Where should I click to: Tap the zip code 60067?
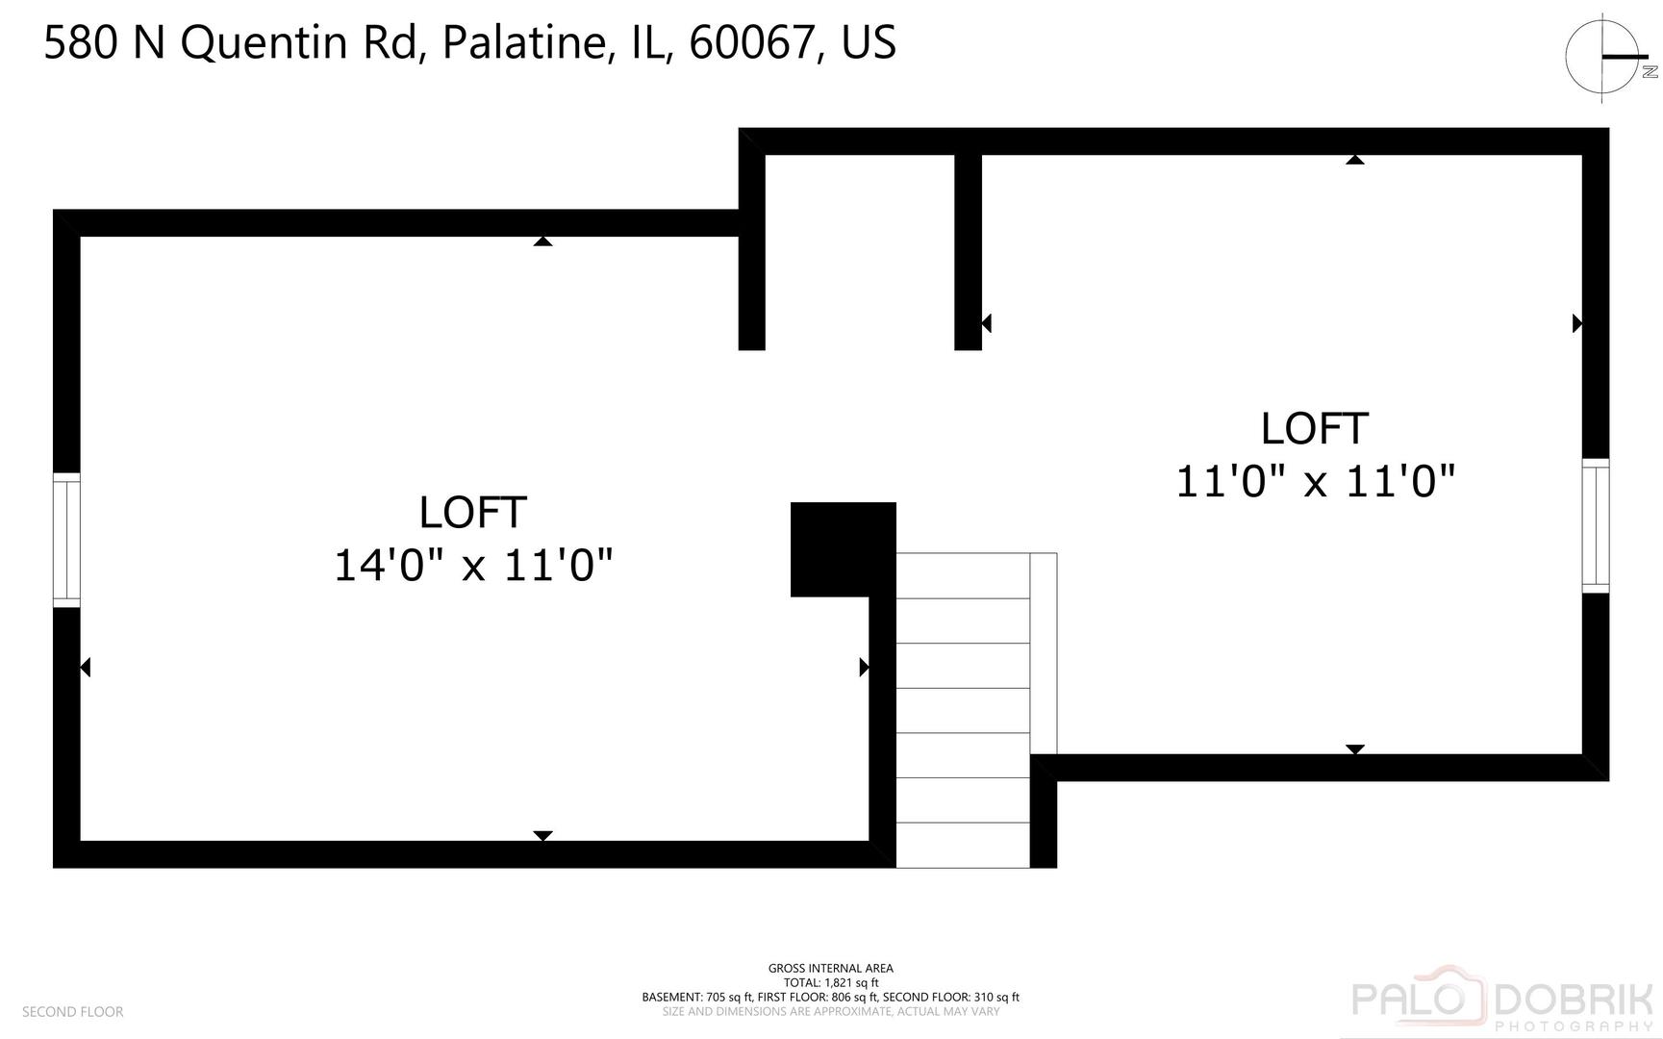(x=751, y=43)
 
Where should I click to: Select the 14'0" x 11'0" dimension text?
(x=473, y=565)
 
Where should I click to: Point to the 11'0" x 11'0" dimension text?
(x=1315, y=481)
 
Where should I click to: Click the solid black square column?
(x=844, y=549)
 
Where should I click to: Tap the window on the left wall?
(x=66, y=540)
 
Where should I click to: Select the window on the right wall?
(x=1596, y=525)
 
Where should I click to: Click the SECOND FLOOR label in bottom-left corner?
(x=73, y=1012)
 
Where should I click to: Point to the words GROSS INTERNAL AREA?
(x=831, y=969)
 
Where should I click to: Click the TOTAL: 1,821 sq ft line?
(x=831, y=983)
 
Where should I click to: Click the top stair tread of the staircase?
(x=963, y=575)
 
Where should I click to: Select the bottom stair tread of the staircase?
(x=963, y=845)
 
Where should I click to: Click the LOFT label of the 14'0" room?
(x=473, y=513)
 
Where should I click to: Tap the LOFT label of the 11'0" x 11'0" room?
(x=1315, y=429)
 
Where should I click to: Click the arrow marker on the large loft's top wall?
(x=542, y=241)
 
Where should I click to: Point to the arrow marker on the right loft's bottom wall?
(x=1355, y=749)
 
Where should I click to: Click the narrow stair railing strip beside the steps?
(x=1044, y=653)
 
